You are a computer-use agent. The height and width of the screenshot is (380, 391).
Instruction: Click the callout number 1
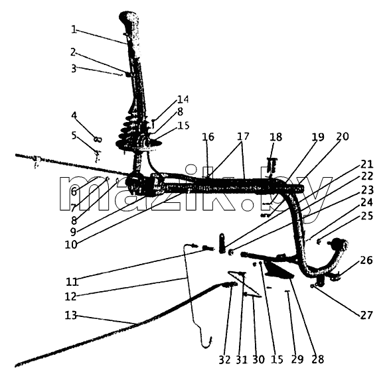(x=74, y=30)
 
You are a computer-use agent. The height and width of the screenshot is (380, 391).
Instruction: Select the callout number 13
(x=71, y=316)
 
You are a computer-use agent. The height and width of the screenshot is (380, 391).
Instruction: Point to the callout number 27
(x=366, y=315)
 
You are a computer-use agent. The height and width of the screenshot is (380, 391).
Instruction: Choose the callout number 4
(x=74, y=115)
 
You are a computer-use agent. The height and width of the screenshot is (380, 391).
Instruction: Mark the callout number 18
(x=275, y=137)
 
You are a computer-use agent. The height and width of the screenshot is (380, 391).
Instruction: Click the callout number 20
(x=343, y=137)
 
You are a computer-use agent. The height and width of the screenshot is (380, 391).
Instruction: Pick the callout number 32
(x=225, y=359)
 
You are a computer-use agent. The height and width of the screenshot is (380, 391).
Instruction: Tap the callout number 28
(x=318, y=359)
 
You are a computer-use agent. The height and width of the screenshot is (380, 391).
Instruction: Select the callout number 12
(x=70, y=296)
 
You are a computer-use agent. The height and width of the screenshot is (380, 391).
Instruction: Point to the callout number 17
(x=243, y=137)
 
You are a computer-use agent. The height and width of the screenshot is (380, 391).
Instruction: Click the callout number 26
(x=366, y=261)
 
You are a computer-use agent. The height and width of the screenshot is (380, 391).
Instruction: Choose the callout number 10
(x=71, y=245)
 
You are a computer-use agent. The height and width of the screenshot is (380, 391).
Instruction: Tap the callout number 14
(x=183, y=99)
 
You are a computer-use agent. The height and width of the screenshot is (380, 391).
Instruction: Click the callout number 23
(x=367, y=190)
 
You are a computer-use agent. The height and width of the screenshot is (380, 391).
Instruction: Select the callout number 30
(x=258, y=359)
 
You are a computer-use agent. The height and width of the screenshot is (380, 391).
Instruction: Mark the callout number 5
(x=74, y=136)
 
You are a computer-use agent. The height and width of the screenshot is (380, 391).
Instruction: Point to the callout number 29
(x=297, y=359)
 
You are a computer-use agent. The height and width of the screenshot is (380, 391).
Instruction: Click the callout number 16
(x=208, y=137)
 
